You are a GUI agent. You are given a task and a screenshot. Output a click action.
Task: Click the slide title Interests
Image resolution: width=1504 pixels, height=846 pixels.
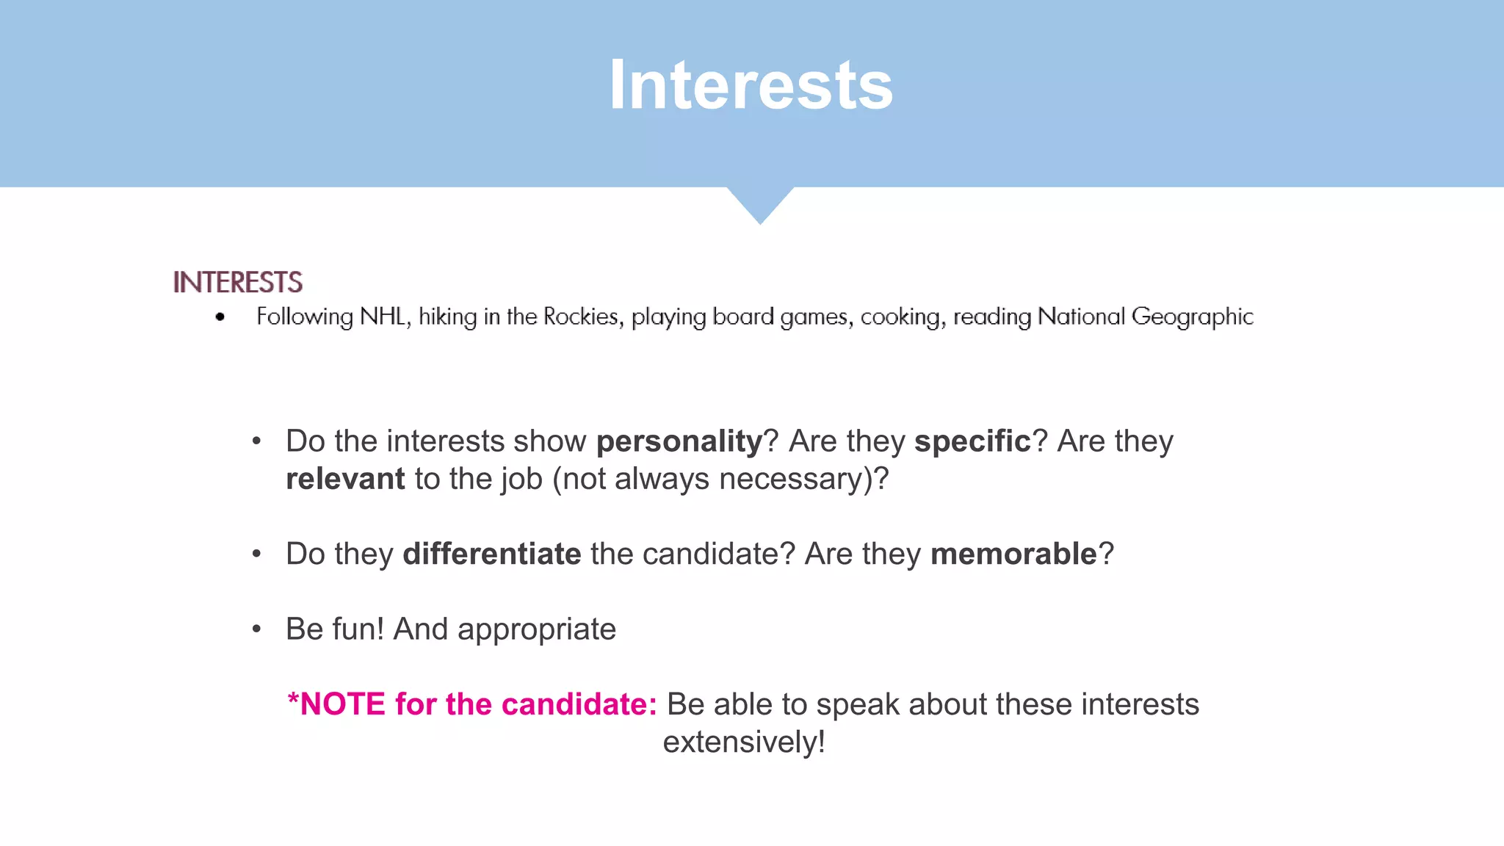[751, 85]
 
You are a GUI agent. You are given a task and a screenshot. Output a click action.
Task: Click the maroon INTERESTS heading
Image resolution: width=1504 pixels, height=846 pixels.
[237, 282]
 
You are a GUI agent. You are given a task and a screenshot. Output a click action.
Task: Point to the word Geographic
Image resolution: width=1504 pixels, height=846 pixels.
[1192, 317]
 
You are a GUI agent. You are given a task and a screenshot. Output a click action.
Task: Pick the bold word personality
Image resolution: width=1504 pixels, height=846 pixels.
[679, 441]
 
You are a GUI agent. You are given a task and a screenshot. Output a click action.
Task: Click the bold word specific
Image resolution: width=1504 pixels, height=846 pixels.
[972, 441]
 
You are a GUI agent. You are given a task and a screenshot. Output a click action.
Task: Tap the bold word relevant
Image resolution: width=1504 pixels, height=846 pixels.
[345, 479]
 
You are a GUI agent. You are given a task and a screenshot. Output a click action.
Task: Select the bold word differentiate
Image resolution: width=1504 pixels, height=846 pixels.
[491, 554]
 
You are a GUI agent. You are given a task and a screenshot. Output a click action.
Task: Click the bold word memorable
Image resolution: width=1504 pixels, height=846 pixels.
[1013, 554]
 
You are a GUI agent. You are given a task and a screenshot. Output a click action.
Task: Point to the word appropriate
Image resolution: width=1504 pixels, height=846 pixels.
[536, 629]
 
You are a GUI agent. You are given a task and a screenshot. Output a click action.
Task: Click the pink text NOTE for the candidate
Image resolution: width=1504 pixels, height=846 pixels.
[471, 704]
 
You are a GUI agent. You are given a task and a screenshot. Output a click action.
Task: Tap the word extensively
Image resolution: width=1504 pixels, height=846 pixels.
[743, 742]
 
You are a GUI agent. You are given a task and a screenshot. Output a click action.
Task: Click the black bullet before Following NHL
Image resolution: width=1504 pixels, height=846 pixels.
[220, 317]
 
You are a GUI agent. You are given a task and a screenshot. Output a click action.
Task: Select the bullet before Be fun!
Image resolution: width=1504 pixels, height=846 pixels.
[256, 629]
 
